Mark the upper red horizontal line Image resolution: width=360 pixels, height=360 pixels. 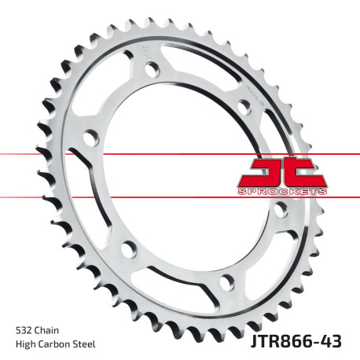click(47, 152)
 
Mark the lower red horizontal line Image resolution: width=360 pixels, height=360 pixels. click(47, 197)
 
